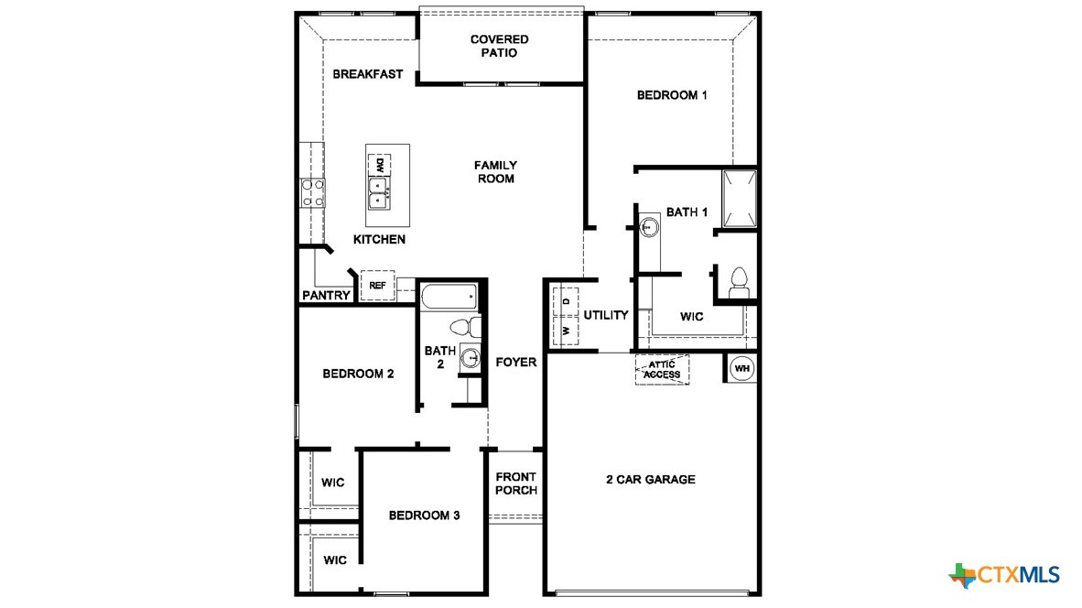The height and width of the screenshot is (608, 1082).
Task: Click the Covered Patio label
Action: [499, 46]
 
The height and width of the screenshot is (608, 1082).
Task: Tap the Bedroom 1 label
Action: [672, 95]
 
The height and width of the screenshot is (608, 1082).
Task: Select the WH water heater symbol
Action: [741, 368]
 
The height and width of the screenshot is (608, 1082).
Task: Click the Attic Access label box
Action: [662, 370]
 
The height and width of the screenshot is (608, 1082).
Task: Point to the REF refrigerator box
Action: [377, 286]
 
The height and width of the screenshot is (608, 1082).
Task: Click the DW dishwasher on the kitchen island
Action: [378, 166]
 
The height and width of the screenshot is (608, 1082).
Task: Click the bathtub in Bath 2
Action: [449, 296]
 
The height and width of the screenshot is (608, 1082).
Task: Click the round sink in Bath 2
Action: [471, 358]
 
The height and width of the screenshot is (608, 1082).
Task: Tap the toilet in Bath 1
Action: [738, 279]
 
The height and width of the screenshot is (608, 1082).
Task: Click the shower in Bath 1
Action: [740, 198]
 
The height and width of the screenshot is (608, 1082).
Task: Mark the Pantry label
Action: [326, 296]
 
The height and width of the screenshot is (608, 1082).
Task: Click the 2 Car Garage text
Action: [651, 480]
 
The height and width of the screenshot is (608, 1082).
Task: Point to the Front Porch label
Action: [516, 483]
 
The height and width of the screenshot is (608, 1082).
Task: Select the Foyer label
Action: [516, 363]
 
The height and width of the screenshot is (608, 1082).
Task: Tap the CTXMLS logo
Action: [1005, 575]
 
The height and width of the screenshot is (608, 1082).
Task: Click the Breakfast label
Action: [367, 74]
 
